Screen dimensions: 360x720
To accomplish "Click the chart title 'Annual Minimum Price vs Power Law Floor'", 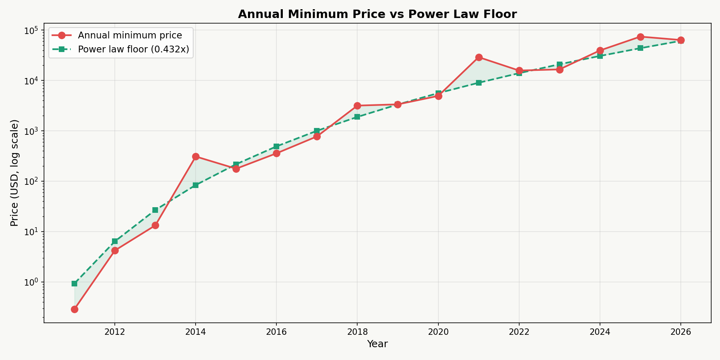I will tap(377, 14).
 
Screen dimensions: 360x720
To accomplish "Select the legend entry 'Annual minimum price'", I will tap(130, 35).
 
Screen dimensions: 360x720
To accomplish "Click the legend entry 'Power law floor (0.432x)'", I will tap(133, 49).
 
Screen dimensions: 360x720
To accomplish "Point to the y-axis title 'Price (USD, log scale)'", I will tap(14, 173).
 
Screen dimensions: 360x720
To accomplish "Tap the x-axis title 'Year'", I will tap(377, 344).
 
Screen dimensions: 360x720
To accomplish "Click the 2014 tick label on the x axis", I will tap(196, 332).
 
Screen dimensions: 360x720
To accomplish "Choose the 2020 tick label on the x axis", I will tap(438, 332).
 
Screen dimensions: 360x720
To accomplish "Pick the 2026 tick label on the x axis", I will tap(680, 332).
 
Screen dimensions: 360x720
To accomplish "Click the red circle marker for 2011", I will tap(74, 309).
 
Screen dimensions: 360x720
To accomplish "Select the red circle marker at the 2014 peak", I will tap(196, 156).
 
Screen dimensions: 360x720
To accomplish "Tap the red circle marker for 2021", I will tap(479, 57).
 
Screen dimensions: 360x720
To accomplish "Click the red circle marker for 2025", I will tap(640, 37).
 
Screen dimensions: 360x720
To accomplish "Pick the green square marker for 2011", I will tap(74, 284).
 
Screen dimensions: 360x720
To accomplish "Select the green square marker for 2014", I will tap(196, 185).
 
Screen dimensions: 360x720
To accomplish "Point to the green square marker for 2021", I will tap(479, 83).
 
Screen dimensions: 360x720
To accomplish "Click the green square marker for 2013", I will tap(155, 210).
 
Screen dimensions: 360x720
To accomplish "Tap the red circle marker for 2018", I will tap(357, 106).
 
